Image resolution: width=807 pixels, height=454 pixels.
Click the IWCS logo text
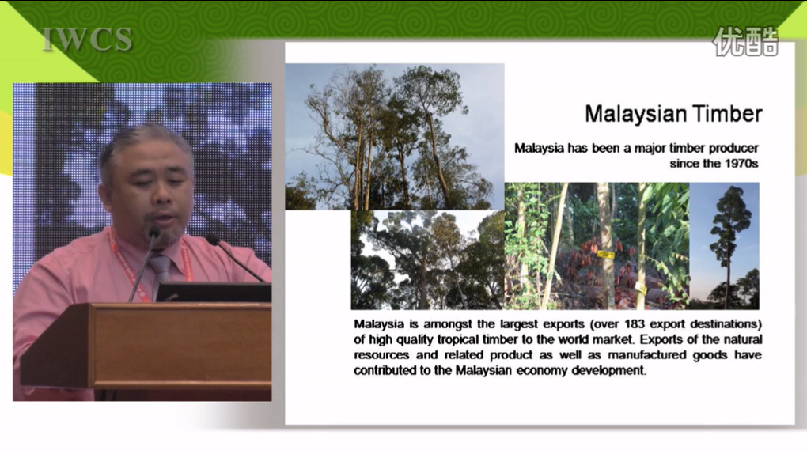pos(87,40)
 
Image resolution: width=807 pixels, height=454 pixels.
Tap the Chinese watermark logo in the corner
pos(745,41)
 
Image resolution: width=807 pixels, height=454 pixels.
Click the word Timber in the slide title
pos(727,114)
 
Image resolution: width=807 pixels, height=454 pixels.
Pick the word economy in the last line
pos(542,371)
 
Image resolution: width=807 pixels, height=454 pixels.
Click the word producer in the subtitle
pos(733,148)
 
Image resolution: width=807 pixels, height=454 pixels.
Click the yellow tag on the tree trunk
pos(605,255)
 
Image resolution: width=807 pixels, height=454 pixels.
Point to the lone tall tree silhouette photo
pos(724,246)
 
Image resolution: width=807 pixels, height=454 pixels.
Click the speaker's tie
pos(160,273)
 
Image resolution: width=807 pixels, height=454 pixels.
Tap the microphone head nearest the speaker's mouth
pos(154,233)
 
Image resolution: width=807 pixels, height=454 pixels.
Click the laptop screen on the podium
pos(214,293)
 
